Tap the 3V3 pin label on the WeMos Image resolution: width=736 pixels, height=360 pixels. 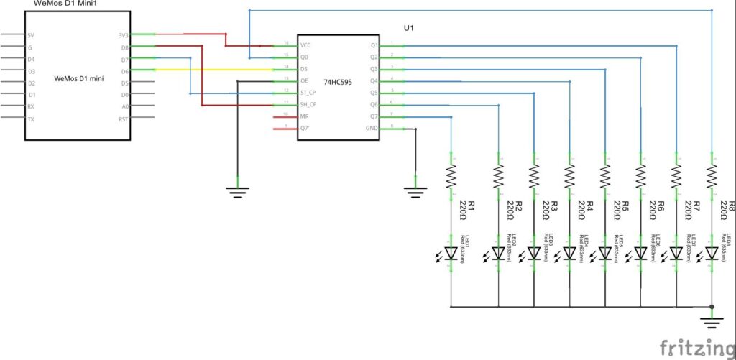pyautogui.click(x=124, y=34)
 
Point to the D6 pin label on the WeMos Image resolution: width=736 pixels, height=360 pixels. pyautogui.click(x=125, y=70)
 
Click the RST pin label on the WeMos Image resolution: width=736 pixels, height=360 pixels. pyautogui.click(x=124, y=119)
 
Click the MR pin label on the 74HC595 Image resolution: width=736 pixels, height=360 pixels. pyautogui.click(x=305, y=116)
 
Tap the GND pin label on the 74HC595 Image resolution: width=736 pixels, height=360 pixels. pyautogui.click(x=372, y=129)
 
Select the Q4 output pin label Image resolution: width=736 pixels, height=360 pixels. pyautogui.click(x=374, y=80)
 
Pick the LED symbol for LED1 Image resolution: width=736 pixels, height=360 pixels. pyautogui.click(x=451, y=253)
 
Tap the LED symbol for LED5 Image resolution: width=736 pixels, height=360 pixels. pyautogui.click(x=604, y=253)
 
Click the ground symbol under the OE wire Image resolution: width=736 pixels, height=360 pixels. pyautogui.click(x=238, y=190)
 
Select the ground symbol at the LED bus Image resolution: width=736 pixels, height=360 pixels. pyautogui.click(x=712, y=318)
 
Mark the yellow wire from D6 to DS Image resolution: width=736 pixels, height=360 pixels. pyautogui.click(x=216, y=69)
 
